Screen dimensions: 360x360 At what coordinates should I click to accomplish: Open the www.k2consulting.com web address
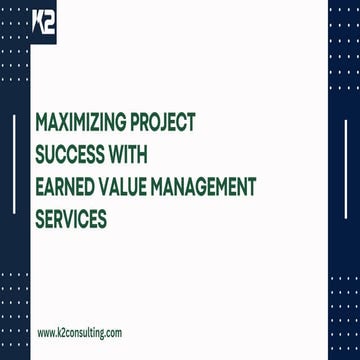[80, 331]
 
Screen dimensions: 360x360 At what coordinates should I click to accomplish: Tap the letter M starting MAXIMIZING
[41, 123]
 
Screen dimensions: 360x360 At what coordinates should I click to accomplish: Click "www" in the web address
[45, 331]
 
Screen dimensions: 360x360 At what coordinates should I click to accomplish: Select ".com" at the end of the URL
[114, 331]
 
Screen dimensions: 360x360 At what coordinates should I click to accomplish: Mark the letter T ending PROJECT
[192, 123]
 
